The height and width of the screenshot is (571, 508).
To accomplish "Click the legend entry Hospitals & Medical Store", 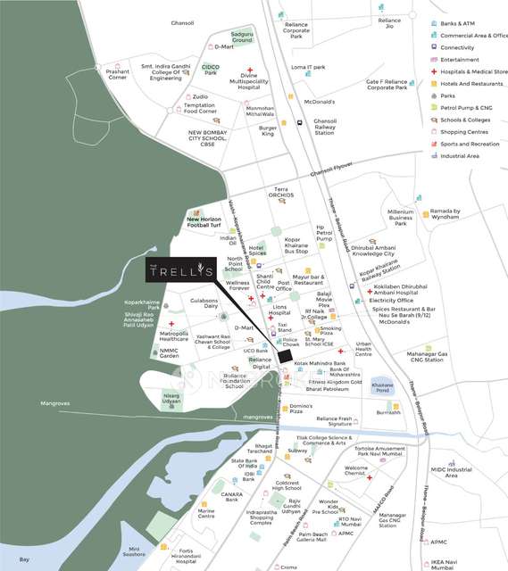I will click(x=472, y=71).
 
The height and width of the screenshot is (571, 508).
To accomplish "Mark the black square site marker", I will click(x=284, y=357).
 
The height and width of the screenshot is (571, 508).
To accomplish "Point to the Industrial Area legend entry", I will click(x=460, y=155).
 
